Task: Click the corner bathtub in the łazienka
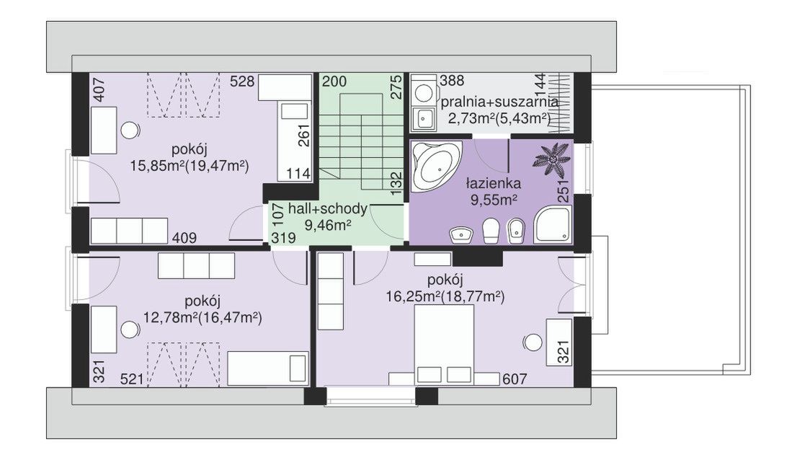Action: pyautogui.click(x=435, y=167)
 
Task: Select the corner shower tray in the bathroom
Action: pyautogui.click(x=553, y=224)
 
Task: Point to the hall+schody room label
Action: pyautogui.click(x=327, y=208)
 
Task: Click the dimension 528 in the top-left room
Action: pyautogui.click(x=242, y=81)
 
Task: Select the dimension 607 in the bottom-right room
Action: pyautogui.click(x=515, y=379)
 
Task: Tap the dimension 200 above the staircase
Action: pyautogui.click(x=334, y=81)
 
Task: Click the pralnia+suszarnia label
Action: pyautogui.click(x=499, y=102)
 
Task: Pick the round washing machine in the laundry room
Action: pyautogui.click(x=422, y=93)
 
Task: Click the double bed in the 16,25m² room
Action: pyautogui.click(x=444, y=345)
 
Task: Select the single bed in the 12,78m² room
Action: pyautogui.click(x=267, y=368)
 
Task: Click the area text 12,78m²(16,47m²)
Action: pyautogui.click(x=202, y=319)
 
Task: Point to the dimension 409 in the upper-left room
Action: pyautogui.click(x=184, y=237)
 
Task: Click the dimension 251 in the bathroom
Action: pyautogui.click(x=564, y=191)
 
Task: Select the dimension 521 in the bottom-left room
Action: pyautogui.click(x=133, y=379)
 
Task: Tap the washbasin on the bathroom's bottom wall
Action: pyautogui.click(x=461, y=234)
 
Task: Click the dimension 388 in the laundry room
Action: pyautogui.click(x=452, y=80)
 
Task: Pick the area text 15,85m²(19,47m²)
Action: pyautogui.click(x=190, y=167)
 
